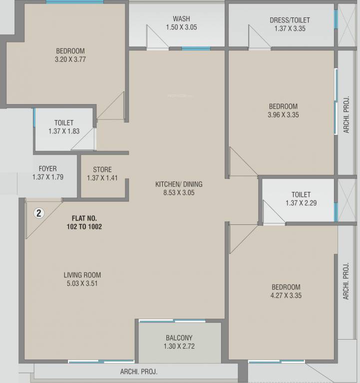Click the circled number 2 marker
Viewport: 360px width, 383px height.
pos(39,213)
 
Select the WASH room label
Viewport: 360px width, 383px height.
pos(181,19)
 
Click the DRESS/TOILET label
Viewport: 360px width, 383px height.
pos(290,20)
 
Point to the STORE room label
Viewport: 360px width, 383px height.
pos(102,170)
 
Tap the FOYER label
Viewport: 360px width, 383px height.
pos(47,169)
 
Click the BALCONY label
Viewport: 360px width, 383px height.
pos(179,338)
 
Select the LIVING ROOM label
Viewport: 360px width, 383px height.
pos(82,275)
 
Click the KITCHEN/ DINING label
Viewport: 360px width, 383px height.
pos(179,184)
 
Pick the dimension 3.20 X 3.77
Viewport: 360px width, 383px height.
pos(70,59)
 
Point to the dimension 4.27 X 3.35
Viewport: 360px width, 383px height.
pos(286,295)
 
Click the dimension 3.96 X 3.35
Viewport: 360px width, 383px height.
pos(283,115)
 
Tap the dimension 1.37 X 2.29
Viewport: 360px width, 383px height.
pos(301,203)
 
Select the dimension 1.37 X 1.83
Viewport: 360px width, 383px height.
pos(64,131)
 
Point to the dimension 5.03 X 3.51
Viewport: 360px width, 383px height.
pos(82,283)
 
